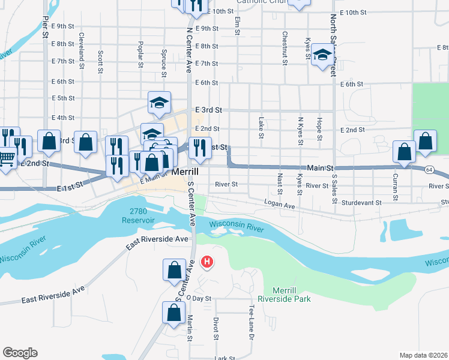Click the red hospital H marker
(207, 262)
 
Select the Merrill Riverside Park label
(284, 294)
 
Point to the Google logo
(20, 353)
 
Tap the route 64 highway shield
(429, 170)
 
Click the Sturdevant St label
(361, 203)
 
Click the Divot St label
(215, 329)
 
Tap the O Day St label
(199, 298)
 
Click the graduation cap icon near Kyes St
(322, 55)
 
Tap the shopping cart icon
(6, 159)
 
